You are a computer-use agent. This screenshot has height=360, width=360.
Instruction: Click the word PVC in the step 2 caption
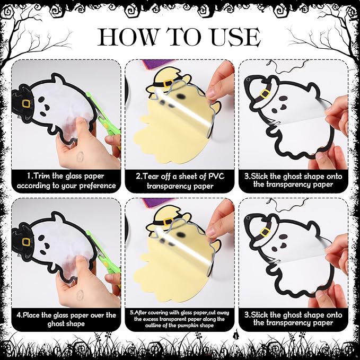[x=216, y=177]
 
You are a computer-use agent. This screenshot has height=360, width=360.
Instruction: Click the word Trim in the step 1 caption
[x=42, y=176]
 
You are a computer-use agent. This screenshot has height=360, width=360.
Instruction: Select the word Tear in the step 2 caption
[x=151, y=177]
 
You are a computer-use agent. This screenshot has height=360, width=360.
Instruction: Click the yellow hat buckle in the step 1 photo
[x=26, y=103]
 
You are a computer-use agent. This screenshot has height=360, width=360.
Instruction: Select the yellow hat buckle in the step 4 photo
[x=26, y=242]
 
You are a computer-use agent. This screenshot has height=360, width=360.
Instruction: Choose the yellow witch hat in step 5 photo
[x=168, y=218]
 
